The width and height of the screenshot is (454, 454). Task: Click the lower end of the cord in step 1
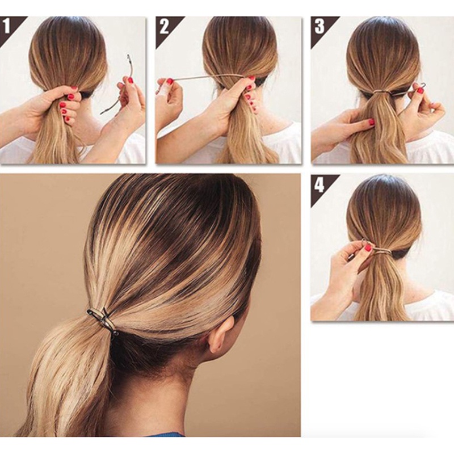pos(104,112)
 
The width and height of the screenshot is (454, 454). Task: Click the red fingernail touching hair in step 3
pos(371,121)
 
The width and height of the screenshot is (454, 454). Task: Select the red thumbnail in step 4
pos(368,248)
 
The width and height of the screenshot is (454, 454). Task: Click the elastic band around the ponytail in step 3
pos(380,91)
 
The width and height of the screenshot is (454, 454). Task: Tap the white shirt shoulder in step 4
pos(431,306)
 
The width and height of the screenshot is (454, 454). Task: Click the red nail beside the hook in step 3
pos(419,90)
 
